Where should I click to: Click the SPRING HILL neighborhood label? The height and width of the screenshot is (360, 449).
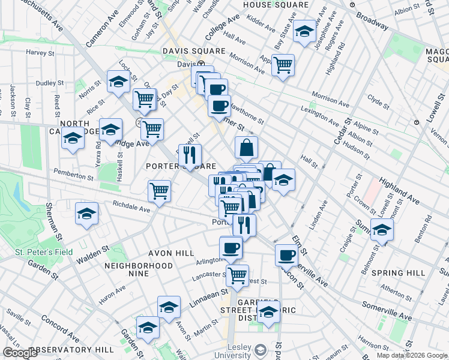[399, 273]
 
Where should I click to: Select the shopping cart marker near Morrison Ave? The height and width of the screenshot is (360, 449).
[283, 64]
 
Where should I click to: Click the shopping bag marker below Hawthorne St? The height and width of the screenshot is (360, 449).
[246, 147]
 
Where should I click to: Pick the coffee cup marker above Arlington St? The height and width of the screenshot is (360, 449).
[231, 247]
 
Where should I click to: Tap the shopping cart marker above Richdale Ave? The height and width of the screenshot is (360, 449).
[160, 191]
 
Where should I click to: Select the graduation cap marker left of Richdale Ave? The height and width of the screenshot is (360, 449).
[86, 214]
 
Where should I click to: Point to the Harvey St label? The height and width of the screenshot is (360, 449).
[41, 52]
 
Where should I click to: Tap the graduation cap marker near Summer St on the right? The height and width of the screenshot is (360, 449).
[382, 229]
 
